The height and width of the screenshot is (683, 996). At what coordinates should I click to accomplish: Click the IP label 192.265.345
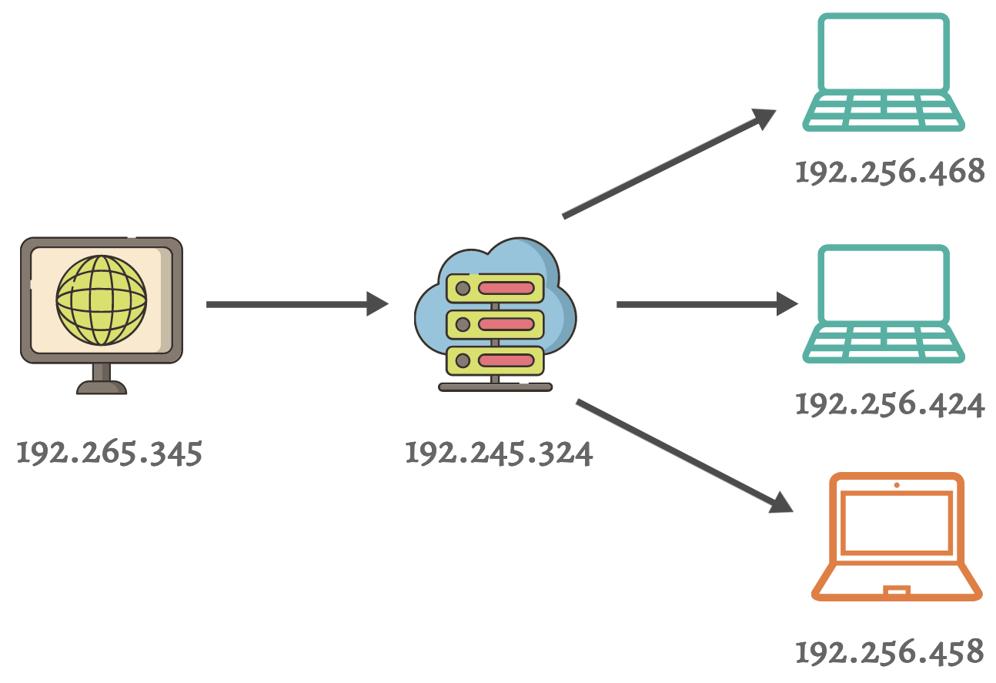(x=109, y=453)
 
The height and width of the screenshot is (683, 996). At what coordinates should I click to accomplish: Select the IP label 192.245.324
(x=499, y=453)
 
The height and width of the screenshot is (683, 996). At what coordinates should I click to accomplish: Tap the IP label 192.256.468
(x=890, y=172)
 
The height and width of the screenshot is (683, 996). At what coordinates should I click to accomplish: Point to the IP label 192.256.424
(x=890, y=403)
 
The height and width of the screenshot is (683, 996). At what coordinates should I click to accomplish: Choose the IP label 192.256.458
(x=890, y=651)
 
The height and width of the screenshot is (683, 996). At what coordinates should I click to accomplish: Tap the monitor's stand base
(x=101, y=387)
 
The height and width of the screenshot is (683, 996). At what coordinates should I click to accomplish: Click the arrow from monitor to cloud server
(x=296, y=304)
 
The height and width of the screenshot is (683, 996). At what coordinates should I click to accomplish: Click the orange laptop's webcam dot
(x=897, y=485)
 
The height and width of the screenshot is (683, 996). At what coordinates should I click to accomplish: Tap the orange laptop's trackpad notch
(x=897, y=591)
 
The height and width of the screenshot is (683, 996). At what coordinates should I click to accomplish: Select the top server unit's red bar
(x=506, y=289)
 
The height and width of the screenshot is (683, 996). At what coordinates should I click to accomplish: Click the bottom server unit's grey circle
(x=463, y=360)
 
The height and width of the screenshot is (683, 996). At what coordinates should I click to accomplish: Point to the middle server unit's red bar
(x=506, y=324)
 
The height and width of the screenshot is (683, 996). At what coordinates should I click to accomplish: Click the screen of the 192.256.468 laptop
(x=884, y=52)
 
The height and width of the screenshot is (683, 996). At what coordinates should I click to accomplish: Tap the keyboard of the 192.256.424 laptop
(x=884, y=343)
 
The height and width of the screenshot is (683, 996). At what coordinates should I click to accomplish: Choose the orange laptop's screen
(x=897, y=524)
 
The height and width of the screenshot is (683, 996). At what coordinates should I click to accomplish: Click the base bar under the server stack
(x=495, y=387)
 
